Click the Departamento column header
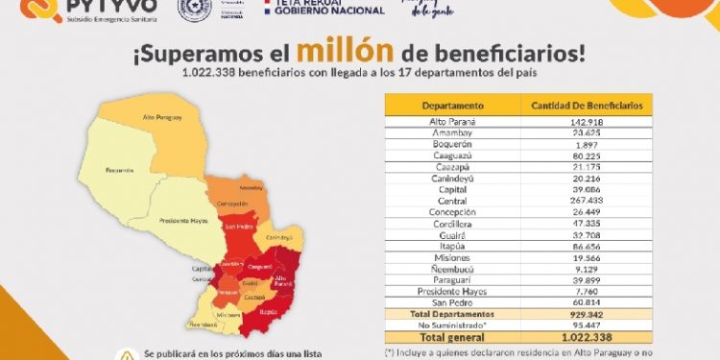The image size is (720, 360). click(x=451, y=105)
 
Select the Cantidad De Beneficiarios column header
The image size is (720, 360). click(x=586, y=105)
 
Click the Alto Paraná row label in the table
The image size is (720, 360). click(x=451, y=123)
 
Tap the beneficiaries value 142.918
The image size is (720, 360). click(x=586, y=123)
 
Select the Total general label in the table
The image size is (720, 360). click(x=451, y=338)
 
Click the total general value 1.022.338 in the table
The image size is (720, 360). click(x=586, y=338)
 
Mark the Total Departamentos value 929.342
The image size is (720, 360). click(x=586, y=314)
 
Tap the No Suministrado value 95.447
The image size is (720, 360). click(x=586, y=325)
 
